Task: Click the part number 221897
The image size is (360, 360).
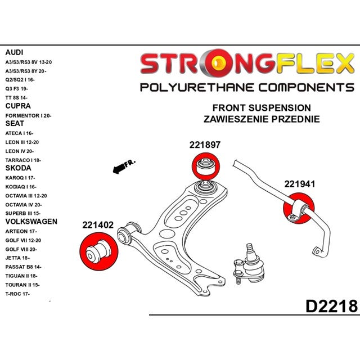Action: coord(204,145)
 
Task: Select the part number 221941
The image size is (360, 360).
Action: coord(299,183)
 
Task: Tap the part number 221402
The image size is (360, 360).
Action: coord(98,225)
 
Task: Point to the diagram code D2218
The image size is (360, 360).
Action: coord(331,307)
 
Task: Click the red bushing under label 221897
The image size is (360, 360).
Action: coord(205,166)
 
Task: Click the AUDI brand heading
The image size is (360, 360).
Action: coord(14,52)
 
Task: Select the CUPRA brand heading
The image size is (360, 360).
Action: coord(18,106)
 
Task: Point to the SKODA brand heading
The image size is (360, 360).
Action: coord(18,168)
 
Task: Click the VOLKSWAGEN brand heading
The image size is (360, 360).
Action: coord(31,222)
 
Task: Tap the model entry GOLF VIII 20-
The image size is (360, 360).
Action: coord(21,249)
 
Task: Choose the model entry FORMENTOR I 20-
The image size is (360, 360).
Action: coord(28,115)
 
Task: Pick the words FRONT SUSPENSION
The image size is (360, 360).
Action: coord(261,107)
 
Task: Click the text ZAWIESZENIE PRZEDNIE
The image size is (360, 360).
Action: coord(261,119)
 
